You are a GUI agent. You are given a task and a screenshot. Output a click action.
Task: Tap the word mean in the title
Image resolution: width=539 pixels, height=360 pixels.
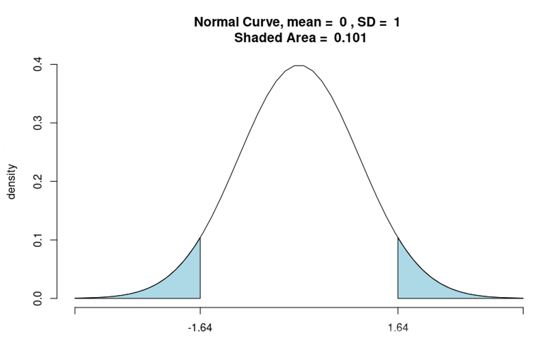click(x=304, y=22)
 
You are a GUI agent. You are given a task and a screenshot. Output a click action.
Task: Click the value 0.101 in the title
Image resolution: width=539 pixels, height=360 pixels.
click(x=350, y=38)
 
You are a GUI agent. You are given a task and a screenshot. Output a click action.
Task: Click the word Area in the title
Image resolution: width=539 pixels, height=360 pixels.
click(x=301, y=38)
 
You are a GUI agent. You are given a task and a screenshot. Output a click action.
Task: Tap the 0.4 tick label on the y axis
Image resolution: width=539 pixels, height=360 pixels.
click(x=38, y=64)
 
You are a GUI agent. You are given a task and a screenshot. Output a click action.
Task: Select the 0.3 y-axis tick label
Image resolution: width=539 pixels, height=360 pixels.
click(x=38, y=123)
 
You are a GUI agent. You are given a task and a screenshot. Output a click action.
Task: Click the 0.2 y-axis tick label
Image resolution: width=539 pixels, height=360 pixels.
click(x=38, y=181)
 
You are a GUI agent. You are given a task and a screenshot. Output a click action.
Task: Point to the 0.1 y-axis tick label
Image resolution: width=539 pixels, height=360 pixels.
click(x=38, y=240)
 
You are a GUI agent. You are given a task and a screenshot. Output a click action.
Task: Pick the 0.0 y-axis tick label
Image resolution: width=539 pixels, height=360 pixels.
click(x=38, y=298)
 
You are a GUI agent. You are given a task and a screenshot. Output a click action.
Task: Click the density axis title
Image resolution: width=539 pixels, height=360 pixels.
click(x=12, y=182)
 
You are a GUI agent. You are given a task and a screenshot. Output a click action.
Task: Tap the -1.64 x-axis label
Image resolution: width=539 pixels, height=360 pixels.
click(x=200, y=328)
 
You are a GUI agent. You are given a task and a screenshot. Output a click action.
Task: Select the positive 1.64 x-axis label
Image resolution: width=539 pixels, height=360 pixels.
click(x=398, y=328)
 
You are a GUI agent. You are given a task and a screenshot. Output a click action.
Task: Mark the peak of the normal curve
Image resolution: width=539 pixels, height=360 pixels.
click(x=299, y=66)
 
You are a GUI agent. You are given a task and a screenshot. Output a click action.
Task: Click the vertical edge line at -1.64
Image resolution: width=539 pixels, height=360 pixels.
click(x=200, y=270)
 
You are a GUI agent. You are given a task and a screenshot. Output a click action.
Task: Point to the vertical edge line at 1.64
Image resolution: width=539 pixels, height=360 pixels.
click(x=398, y=270)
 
